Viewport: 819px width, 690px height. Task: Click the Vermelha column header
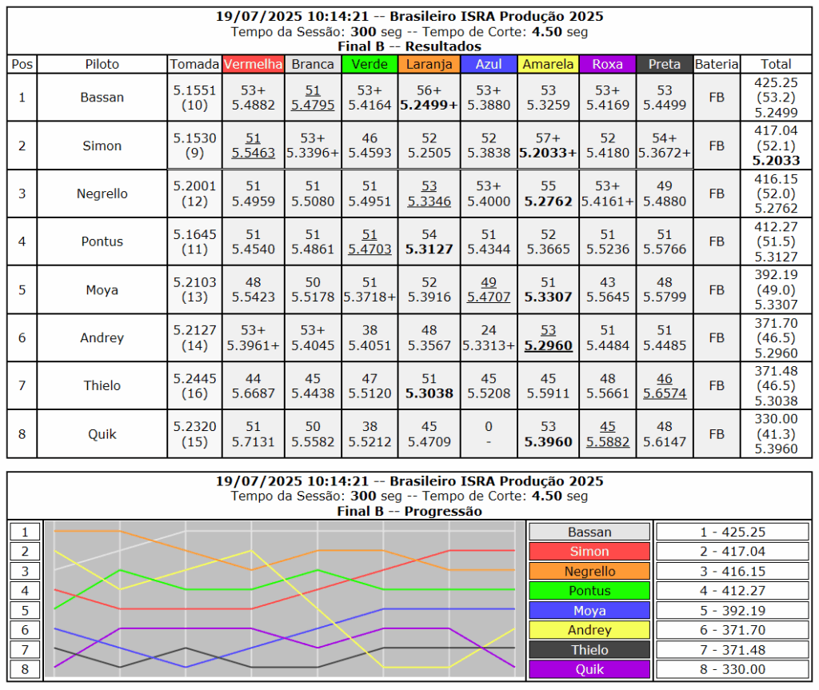253,64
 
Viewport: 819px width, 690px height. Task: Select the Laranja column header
429,64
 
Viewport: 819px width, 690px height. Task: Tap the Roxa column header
607,64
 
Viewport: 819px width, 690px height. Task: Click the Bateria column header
716,64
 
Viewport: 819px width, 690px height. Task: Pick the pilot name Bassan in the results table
102,98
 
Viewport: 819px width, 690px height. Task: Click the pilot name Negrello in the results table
102,193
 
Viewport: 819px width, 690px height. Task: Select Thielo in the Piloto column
102,385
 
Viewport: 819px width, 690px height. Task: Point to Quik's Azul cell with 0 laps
489,433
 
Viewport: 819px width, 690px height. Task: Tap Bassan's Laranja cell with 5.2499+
429,98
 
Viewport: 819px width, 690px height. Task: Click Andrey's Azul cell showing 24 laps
489,337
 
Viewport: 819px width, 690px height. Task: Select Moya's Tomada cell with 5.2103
194,289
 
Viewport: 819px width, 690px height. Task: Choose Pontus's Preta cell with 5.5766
664,241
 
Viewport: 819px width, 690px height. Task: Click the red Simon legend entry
589,551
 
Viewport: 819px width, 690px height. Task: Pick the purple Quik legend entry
589,669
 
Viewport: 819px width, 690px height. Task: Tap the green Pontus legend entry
589,591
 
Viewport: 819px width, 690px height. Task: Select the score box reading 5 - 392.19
733,611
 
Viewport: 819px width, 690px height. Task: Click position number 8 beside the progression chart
25,669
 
